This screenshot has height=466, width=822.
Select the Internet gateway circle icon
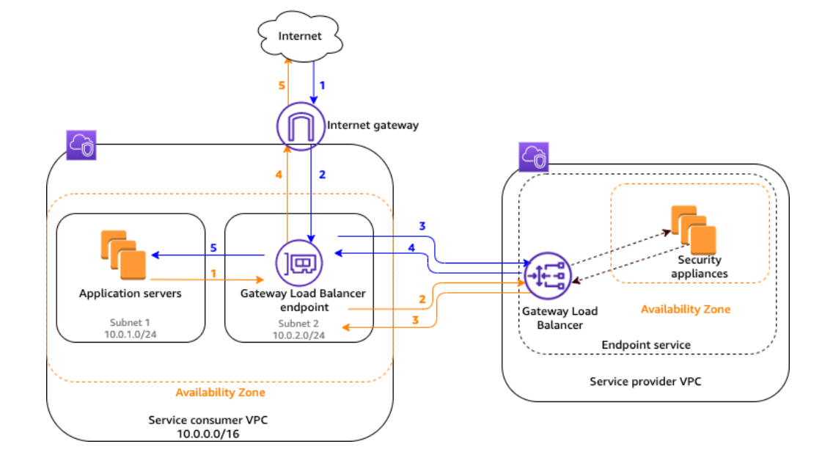[300, 125]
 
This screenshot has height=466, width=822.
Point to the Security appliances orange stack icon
[693, 229]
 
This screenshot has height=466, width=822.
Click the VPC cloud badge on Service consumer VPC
[80, 145]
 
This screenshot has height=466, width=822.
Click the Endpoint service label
[646, 344]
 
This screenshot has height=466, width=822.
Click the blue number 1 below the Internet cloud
[321, 85]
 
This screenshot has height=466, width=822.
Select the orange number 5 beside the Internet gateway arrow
[281, 85]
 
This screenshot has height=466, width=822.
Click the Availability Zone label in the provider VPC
[686, 309]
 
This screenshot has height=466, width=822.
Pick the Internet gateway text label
[373, 125]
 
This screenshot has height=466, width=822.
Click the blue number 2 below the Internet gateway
[321, 174]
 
